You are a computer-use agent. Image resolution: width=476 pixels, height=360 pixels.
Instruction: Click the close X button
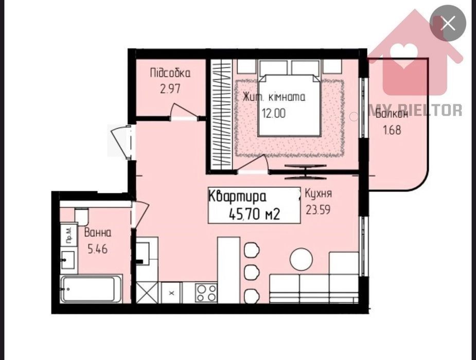point(448,23)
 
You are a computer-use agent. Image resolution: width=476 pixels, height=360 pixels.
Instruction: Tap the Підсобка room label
point(170,74)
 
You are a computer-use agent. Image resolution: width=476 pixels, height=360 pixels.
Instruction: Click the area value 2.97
point(170,89)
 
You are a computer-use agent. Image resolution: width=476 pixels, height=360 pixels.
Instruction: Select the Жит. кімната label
point(274,97)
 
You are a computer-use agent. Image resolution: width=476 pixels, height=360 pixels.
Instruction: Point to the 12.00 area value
point(274,114)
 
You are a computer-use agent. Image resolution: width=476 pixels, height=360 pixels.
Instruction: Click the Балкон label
point(392,114)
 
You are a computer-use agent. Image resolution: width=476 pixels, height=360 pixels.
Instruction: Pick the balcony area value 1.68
point(392,130)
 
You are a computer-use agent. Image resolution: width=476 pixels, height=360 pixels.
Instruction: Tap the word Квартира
point(238,196)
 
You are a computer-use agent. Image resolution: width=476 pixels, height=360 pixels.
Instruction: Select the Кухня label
point(318,193)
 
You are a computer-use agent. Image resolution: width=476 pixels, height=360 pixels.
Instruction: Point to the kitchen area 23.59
point(318,210)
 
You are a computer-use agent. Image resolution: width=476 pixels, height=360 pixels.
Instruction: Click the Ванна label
point(98,233)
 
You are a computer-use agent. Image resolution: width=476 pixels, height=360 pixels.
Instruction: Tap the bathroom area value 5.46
point(98,249)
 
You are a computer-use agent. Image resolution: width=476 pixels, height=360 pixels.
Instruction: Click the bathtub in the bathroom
point(92,289)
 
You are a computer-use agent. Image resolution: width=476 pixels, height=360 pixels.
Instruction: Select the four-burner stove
point(206,293)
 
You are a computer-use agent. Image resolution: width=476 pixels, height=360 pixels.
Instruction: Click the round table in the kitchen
point(301,259)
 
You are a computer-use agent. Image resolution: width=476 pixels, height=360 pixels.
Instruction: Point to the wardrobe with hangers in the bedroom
point(222,115)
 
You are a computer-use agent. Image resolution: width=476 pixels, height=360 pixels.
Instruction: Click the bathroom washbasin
point(68,260)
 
